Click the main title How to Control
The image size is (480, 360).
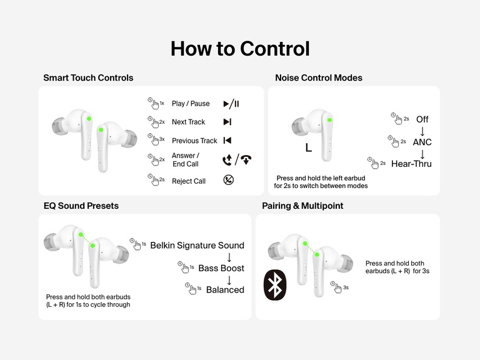pyautogui.click(x=240, y=49)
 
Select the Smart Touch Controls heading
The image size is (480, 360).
pyautogui.click(x=88, y=78)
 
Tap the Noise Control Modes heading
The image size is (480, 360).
pyautogui.click(x=319, y=78)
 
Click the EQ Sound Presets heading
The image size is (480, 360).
pyautogui.click(x=81, y=206)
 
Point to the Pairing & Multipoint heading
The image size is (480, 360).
pyautogui.click(x=302, y=206)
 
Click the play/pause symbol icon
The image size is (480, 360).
pyautogui.click(x=231, y=104)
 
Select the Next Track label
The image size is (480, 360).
pyautogui.click(x=188, y=122)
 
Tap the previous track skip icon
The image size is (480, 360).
pyautogui.click(x=227, y=141)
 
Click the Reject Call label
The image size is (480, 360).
pyautogui.click(x=188, y=181)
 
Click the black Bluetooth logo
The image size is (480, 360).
pyautogui.click(x=275, y=285)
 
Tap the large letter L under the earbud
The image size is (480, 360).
pyautogui.click(x=308, y=148)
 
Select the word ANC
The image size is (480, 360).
pyautogui.click(x=422, y=142)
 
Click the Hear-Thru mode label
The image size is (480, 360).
pyautogui.click(x=411, y=164)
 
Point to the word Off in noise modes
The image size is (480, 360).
pyautogui.click(x=422, y=119)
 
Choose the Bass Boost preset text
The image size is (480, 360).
pyautogui.click(x=221, y=268)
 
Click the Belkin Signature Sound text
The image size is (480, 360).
pyautogui.click(x=197, y=245)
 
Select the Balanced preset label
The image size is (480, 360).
pyautogui.click(x=225, y=290)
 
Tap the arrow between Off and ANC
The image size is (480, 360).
pyautogui.click(x=422, y=131)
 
